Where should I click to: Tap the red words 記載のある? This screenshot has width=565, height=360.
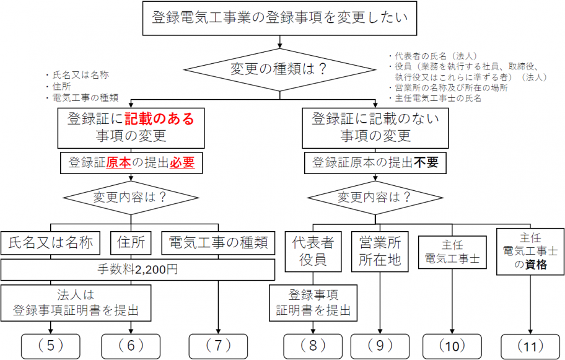point(159,118)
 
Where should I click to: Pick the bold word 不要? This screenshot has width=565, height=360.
point(426,163)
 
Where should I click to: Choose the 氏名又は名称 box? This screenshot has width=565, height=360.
point(51,243)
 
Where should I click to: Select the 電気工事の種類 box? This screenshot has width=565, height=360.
point(218,243)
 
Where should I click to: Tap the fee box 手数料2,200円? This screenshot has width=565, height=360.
point(138,270)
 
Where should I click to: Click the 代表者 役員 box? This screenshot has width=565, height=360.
point(313,251)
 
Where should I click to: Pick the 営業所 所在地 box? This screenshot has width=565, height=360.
point(380,251)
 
